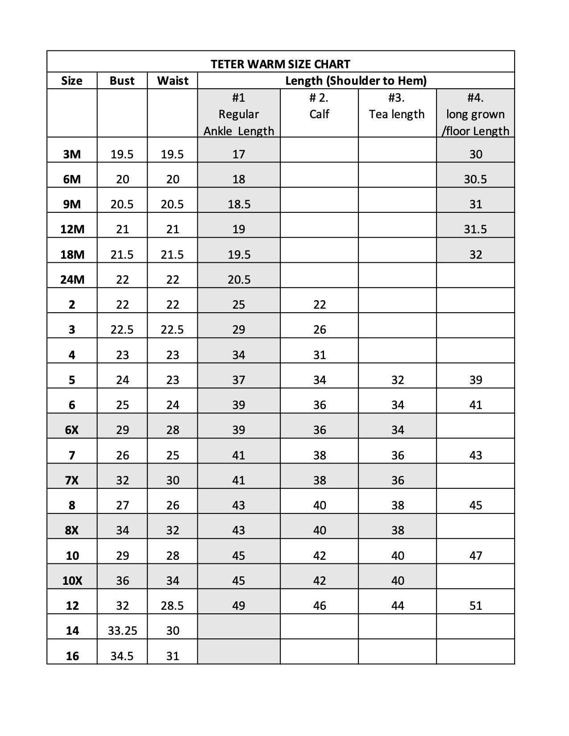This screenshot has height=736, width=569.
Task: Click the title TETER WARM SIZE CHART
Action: click(x=280, y=64)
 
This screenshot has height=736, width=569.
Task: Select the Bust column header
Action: click(x=122, y=81)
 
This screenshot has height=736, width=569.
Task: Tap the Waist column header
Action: click(x=173, y=81)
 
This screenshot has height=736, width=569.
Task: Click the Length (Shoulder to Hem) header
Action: click(x=356, y=81)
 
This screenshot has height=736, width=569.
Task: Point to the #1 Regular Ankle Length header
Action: click(x=239, y=114)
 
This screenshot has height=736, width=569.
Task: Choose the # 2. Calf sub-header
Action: click(x=319, y=106)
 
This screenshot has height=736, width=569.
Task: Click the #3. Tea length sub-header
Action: click(x=397, y=106)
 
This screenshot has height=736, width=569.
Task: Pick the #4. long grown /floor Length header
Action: click(x=475, y=114)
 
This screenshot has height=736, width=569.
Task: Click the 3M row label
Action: click(x=72, y=154)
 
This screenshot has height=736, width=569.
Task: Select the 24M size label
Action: click(x=72, y=280)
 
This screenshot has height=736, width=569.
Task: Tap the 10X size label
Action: click(x=72, y=581)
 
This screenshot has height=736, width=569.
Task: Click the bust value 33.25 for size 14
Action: click(x=122, y=631)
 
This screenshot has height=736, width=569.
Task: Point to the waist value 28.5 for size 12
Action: click(x=172, y=606)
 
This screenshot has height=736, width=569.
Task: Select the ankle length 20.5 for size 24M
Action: click(x=239, y=280)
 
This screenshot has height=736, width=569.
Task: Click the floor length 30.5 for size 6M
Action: click(x=475, y=179)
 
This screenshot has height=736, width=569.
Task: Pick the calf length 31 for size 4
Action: click(x=320, y=355)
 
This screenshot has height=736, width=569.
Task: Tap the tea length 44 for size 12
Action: click(x=397, y=606)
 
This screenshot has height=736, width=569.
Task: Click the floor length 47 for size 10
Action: click(x=476, y=556)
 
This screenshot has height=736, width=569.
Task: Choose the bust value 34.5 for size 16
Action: click(x=122, y=656)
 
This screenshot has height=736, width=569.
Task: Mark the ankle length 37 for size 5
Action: click(x=239, y=380)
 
